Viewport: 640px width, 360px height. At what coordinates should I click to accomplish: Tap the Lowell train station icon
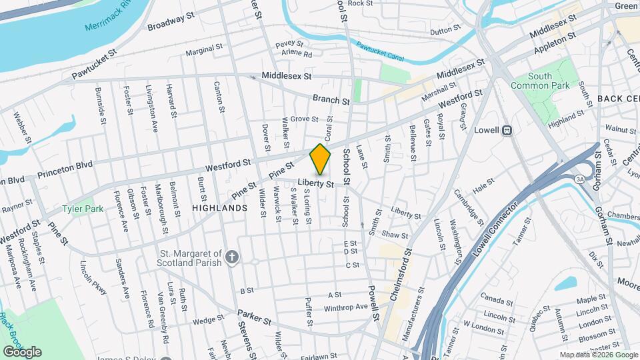pos(507,131)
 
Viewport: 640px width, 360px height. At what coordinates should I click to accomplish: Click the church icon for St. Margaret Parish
pos(231,257)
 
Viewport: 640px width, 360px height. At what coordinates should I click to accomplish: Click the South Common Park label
pos(541,81)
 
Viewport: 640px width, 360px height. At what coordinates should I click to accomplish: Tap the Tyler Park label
pos(83,209)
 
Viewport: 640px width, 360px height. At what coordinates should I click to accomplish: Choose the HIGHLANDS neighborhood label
pos(219,208)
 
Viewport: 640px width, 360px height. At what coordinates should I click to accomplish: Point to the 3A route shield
pos(579,177)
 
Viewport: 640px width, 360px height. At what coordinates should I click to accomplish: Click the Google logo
pos(22,351)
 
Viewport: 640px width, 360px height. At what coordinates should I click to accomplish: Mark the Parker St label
pos(255,317)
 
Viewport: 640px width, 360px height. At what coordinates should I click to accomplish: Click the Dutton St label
pos(445,31)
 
